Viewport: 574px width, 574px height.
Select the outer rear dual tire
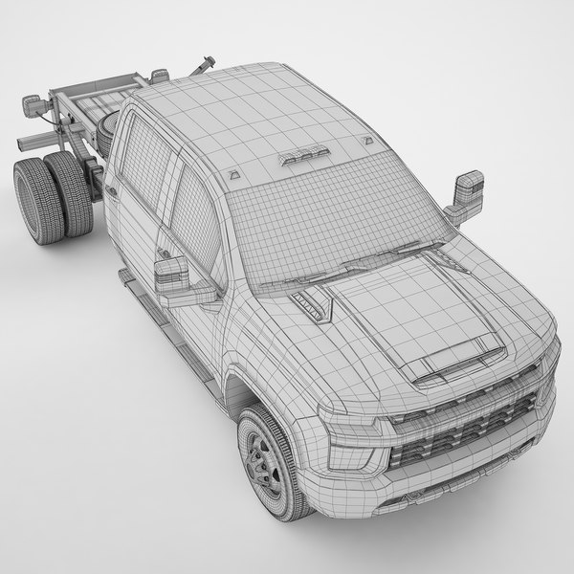(x=33, y=202)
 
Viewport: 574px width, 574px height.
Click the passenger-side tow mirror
(x=467, y=197)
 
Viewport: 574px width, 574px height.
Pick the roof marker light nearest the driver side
(x=233, y=178)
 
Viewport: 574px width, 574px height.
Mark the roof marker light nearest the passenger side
(x=367, y=142)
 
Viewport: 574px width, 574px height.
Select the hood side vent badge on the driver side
(x=311, y=303)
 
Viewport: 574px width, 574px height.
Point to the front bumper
(x=450, y=488)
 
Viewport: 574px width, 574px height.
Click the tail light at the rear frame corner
(x=33, y=106)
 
